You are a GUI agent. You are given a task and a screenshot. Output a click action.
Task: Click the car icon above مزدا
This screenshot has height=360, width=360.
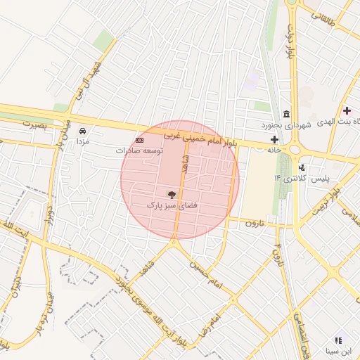point(83,131)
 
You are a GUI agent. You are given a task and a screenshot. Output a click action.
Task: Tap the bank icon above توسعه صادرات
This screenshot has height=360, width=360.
point(139,141)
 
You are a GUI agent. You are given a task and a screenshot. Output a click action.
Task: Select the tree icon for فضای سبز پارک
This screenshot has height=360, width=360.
point(172,194)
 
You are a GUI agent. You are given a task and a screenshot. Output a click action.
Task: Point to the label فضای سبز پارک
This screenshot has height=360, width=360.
point(172,205)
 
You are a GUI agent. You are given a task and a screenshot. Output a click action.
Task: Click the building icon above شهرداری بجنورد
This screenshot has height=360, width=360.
point(287,115)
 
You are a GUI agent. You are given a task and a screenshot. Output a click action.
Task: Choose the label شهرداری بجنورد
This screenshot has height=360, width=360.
point(287,125)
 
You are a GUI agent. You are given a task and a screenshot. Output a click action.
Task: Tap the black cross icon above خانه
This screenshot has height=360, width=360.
point(274,139)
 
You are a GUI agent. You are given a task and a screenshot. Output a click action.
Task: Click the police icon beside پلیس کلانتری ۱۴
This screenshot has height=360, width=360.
point(302,167)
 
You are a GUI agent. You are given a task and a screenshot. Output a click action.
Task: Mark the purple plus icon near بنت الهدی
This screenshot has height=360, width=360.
point(347,110)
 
